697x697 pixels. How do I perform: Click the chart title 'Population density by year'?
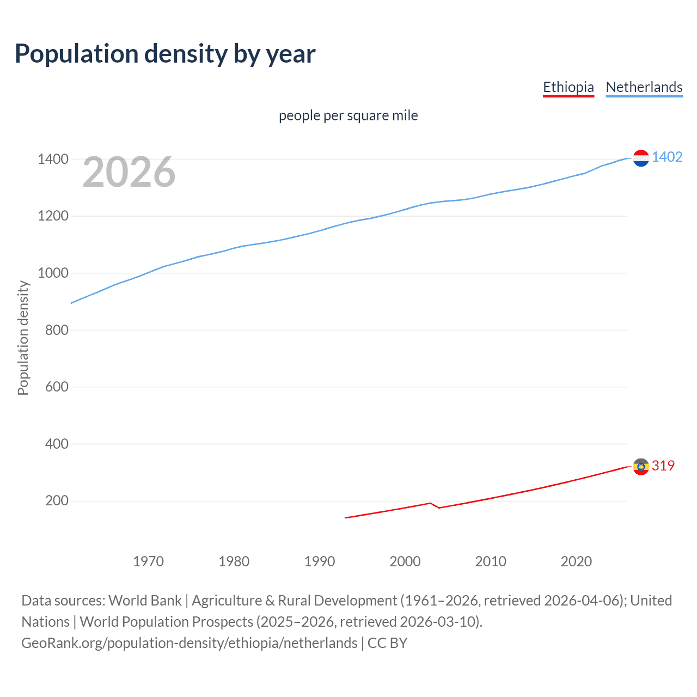pos(165,54)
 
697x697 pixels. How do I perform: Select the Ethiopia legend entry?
pos(568,87)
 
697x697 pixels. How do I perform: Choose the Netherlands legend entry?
pos(644,87)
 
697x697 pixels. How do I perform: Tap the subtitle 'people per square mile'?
pos(348,115)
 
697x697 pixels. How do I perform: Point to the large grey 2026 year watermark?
pos(129,172)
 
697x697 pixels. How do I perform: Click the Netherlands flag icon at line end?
pos(641,158)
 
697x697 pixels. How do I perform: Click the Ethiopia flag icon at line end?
pos(641,466)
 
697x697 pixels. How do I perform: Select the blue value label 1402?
pos(667,157)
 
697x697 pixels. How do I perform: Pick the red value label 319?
pos(663,466)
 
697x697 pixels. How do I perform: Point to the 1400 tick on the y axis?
pos(53,159)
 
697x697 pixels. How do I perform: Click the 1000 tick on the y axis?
pos(53,273)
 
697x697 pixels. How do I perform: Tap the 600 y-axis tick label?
pos(57,387)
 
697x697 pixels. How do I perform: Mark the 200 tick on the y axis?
pos(57,500)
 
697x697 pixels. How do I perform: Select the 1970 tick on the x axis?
pos(148,561)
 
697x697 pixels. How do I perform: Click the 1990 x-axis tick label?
pos(320,561)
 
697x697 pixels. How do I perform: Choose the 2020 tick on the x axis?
pos(576,561)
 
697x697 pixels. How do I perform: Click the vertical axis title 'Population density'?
pos(23,338)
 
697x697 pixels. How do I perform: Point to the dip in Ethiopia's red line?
pos(438,508)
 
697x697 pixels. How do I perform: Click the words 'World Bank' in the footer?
pos(145,601)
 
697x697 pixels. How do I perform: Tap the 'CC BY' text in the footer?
pos(387,643)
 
